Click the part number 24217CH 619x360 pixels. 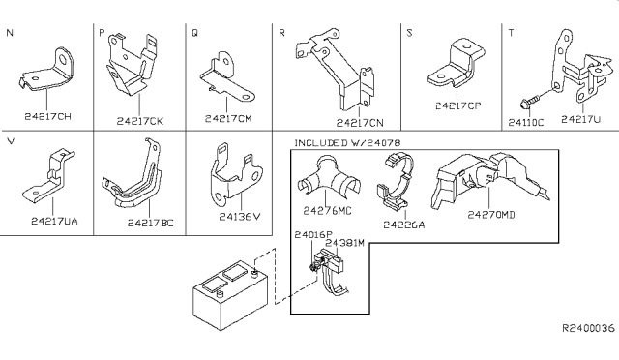click(x=47, y=116)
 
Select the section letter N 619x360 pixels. click(x=10, y=33)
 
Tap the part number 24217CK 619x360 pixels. click(x=139, y=121)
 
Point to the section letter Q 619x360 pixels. click(x=195, y=33)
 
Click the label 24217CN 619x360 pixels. click(x=360, y=123)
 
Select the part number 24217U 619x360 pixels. click(x=580, y=119)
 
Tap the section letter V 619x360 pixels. click(x=11, y=141)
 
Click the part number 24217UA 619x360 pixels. click(x=54, y=222)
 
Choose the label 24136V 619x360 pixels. click(x=240, y=217)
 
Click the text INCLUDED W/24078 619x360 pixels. click(x=347, y=142)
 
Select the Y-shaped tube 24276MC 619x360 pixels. click(x=329, y=177)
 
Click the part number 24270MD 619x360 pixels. click(x=491, y=215)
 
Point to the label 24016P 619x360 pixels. click(x=313, y=235)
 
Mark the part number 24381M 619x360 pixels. click(x=344, y=243)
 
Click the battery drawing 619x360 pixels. click(x=231, y=294)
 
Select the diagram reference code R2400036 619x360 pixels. click(x=589, y=328)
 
